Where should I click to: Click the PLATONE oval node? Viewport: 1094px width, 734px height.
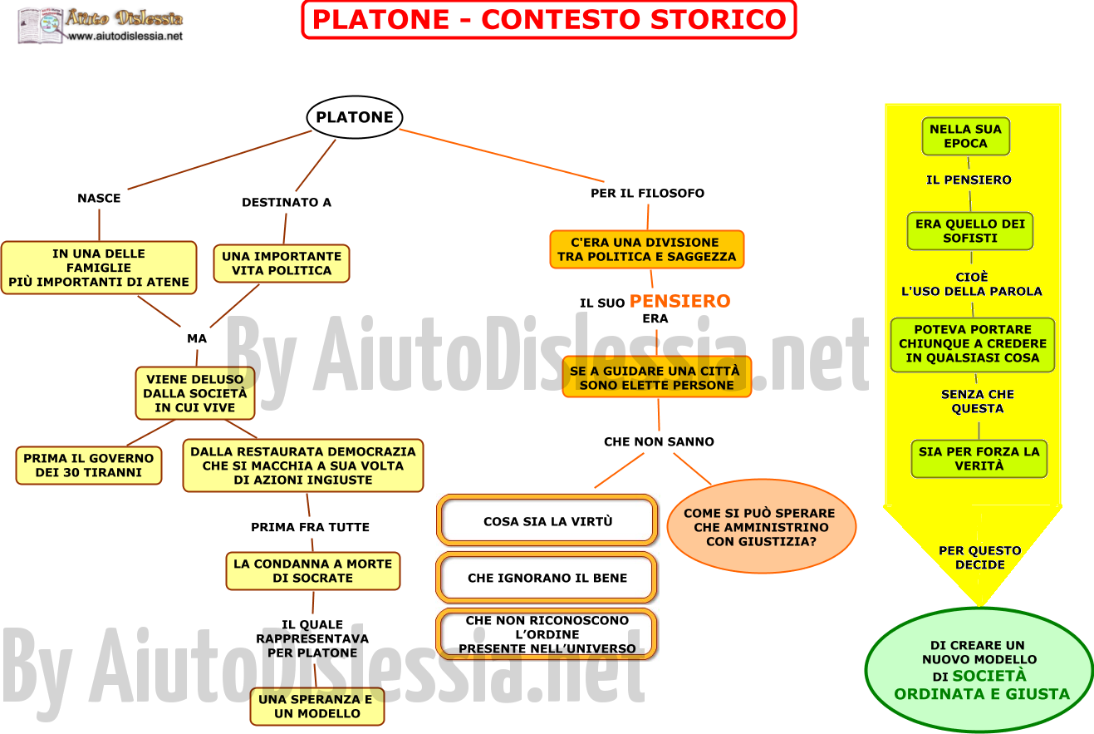pyautogui.click(x=355, y=117)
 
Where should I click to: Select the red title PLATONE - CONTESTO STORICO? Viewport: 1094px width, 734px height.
pyautogui.click(x=549, y=20)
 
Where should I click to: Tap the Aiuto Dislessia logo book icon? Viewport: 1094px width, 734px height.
pyautogui.click(x=41, y=26)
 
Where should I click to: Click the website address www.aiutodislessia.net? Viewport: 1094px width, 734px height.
pyautogui.click(x=125, y=36)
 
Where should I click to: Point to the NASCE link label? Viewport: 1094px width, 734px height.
pyautogui.click(x=99, y=198)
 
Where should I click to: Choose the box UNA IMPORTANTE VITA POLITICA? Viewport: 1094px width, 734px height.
pyautogui.click(x=282, y=264)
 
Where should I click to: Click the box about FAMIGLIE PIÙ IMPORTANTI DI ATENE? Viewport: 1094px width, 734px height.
pyautogui.click(x=99, y=268)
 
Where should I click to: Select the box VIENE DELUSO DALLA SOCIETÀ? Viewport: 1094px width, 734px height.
pyautogui.click(x=195, y=393)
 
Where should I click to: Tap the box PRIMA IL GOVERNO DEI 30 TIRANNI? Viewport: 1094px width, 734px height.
pyautogui.click(x=88, y=466)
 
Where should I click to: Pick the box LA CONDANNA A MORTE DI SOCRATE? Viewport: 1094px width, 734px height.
pyautogui.click(x=313, y=571)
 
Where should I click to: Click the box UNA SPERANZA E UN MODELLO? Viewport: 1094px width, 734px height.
pyautogui.click(x=317, y=707)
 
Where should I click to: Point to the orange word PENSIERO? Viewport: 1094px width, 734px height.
pyautogui.click(x=679, y=301)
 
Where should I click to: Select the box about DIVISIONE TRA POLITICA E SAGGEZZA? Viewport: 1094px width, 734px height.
pyautogui.click(x=647, y=249)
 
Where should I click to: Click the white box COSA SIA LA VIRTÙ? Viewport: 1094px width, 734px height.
pyautogui.click(x=547, y=521)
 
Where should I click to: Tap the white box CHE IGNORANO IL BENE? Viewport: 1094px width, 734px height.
pyautogui.click(x=547, y=578)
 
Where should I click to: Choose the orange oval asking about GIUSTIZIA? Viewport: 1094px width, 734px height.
pyautogui.click(x=762, y=527)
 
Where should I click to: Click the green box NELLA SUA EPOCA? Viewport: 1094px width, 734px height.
pyautogui.click(x=966, y=136)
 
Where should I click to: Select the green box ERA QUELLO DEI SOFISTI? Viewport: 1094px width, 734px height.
pyautogui.click(x=970, y=231)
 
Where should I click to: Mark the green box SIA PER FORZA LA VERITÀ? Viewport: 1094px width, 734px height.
pyautogui.click(x=979, y=459)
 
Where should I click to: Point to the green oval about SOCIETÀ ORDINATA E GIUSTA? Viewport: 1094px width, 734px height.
pyautogui.click(x=979, y=671)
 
